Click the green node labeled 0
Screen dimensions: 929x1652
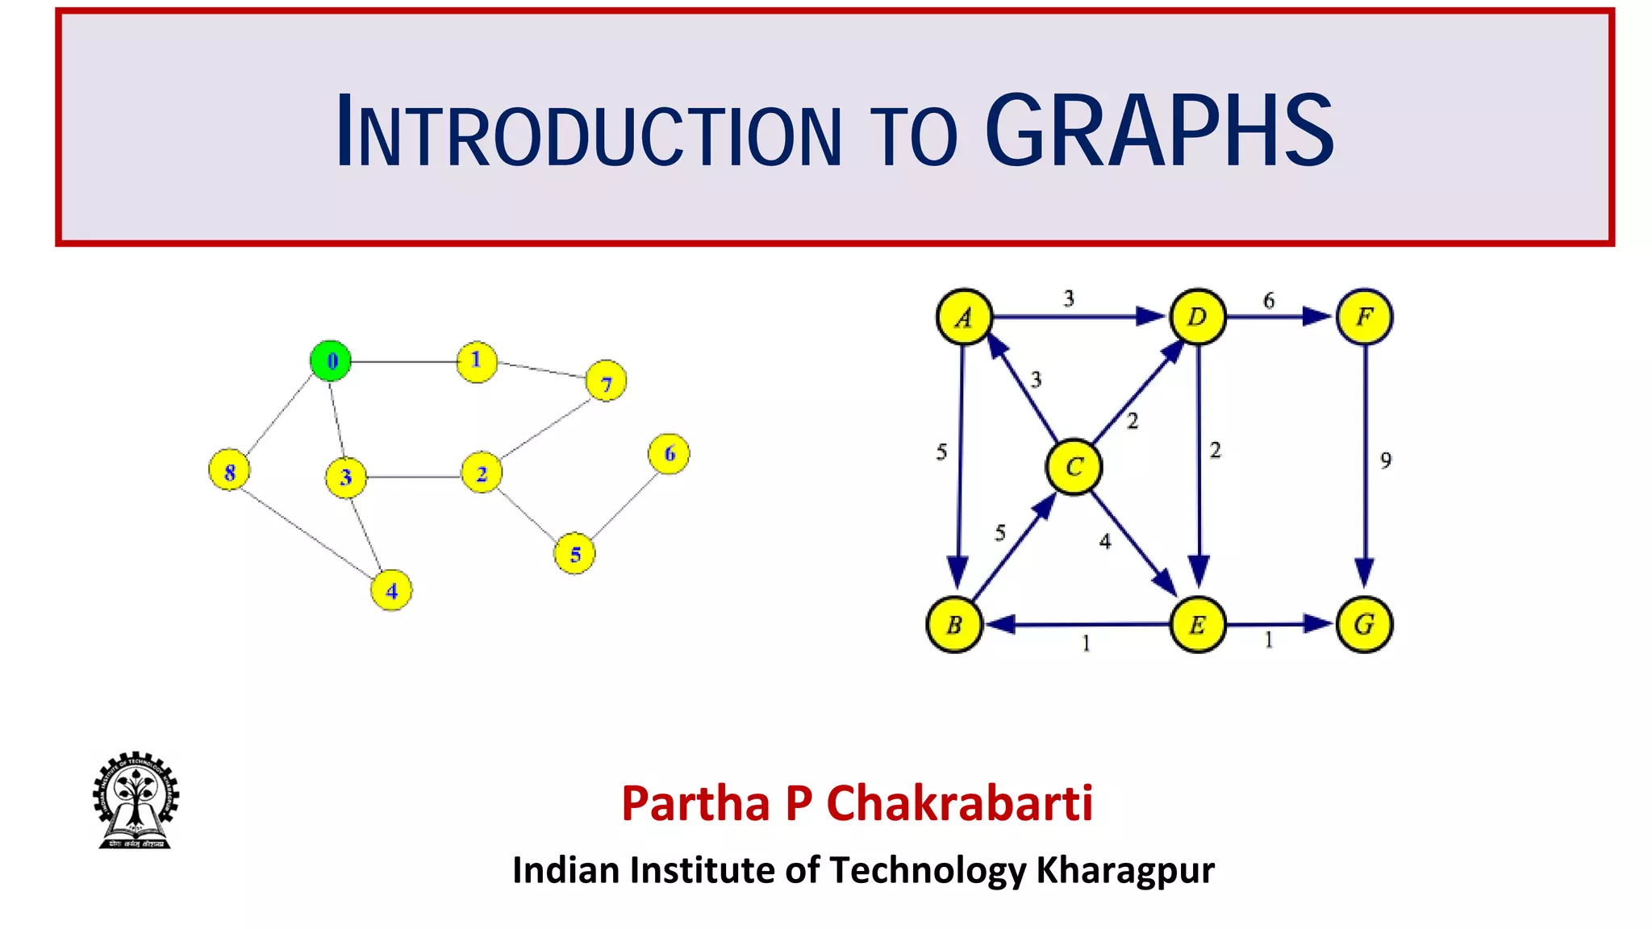click(331, 360)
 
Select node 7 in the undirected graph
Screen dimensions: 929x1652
click(606, 381)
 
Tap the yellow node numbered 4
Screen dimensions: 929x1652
click(391, 590)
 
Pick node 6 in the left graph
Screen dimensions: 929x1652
click(669, 454)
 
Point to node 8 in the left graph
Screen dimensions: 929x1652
click(229, 471)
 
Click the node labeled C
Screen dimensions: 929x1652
click(1074, 467)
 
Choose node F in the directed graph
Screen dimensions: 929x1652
click(1364, 317)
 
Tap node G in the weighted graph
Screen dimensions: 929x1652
click(1364, 624)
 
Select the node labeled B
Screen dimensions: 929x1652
click(954, 624)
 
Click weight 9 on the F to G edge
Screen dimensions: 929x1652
click(1385, 460)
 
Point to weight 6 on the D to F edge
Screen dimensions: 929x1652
click(1269, 301)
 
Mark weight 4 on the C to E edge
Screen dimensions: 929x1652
click(1105, 542)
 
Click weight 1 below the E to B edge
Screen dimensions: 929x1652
click(1086, 644)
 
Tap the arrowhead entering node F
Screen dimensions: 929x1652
click(1316, 316)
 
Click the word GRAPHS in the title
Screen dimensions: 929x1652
click(1159, 131)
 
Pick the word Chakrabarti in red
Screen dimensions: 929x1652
click(959, 803)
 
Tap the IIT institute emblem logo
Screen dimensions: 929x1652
click(135, 800)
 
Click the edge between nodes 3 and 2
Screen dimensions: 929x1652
click(413, 477)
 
